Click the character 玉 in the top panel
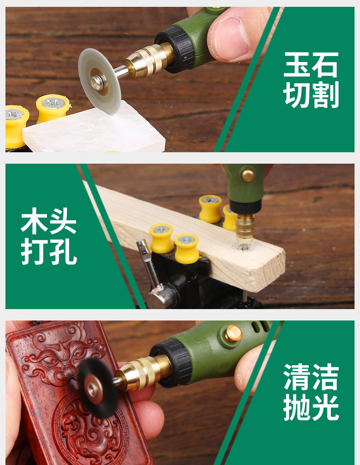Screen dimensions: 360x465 tap(297, 64)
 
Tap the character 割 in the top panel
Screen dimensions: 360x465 tap(325, 95)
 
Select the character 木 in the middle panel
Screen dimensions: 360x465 tap(34, 221)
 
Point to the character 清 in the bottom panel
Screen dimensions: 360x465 tap(297, 377)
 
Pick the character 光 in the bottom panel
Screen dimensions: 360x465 tap(325, 407)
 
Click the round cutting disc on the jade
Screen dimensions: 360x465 tap(99, 81)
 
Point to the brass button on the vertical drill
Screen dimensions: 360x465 tap(248, 175)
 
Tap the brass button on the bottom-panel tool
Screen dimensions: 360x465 tap(233, 333)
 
